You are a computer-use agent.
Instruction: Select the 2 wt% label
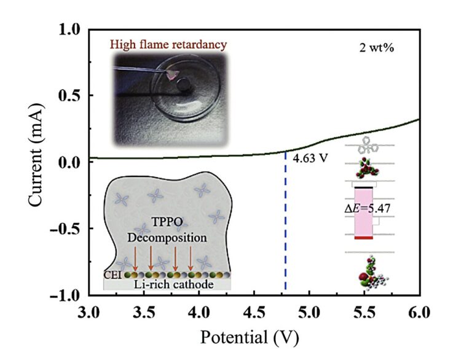pyautogui.click(x=377, y=47)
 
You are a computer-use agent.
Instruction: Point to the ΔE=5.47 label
pyautogui.click(x=367, y=208)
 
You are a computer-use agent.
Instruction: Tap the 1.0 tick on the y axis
pyautogui.click(x=71, y=29)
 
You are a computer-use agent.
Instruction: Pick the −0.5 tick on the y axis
pyautogui.click(x=66, y=229)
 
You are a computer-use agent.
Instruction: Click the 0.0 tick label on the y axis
pyautogui.click(x=71, y=162)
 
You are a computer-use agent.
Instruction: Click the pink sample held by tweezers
pyautogui.click(x=173, y=75)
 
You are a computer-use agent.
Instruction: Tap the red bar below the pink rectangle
pyautogui.click(x=368, y=237)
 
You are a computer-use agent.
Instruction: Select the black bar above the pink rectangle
pyautogui.click(x=368, y=186)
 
